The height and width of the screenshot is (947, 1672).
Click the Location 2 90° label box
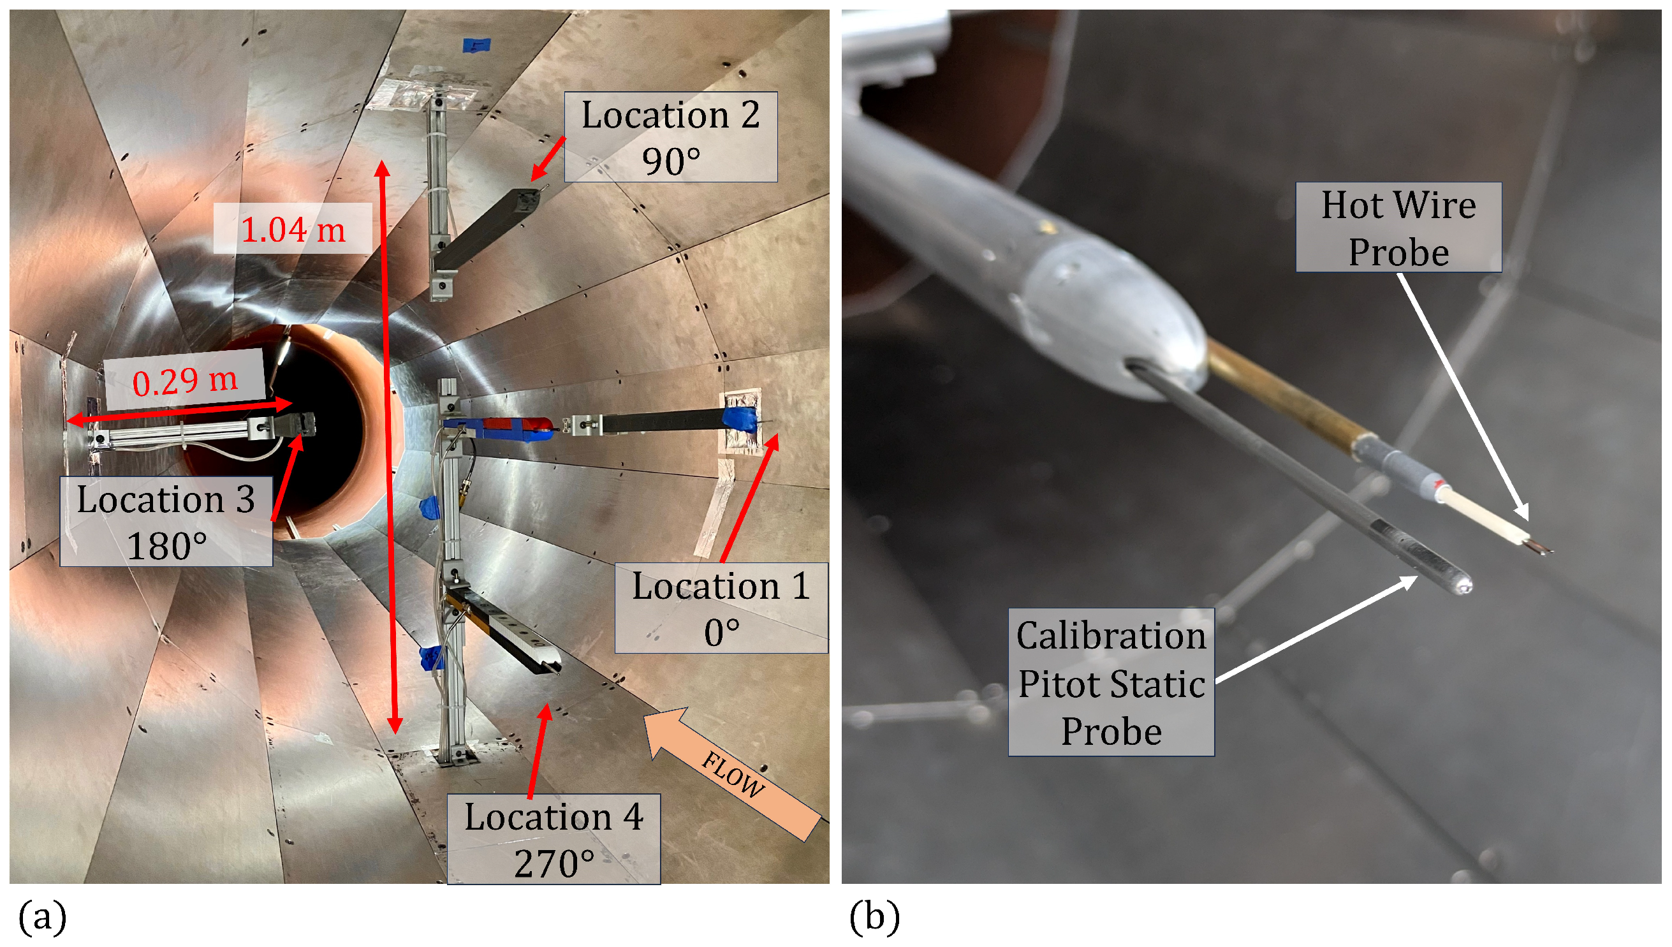pyautogui.click(x=670, y=136)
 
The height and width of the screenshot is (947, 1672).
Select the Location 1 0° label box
pyautogui.click(x=721, y=608)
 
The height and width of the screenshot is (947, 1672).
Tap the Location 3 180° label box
pyautogui.click(x=166, y=522)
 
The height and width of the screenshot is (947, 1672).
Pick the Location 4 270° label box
pyautogui.click(x=554, y=839)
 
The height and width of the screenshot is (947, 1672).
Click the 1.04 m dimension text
pyautogui.click(x=293, y=229)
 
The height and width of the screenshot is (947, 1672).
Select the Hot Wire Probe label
pyautogui.click(x=1398, y=227)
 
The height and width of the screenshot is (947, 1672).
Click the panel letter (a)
pyautogui.click(x=42, y=917)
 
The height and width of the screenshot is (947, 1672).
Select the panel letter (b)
pyautogui.click(x=875, y=917)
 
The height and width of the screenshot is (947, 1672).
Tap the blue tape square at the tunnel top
pyautogui.click(x=476, y=45)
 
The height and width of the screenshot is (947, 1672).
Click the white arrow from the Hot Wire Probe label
pyautogui.click(x=1463, y=397)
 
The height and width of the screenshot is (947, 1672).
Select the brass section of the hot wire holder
pyautogui.click(x=1281, y=397)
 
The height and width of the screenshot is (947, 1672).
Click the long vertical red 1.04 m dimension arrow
pyautogui.click(x=389, y=449)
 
